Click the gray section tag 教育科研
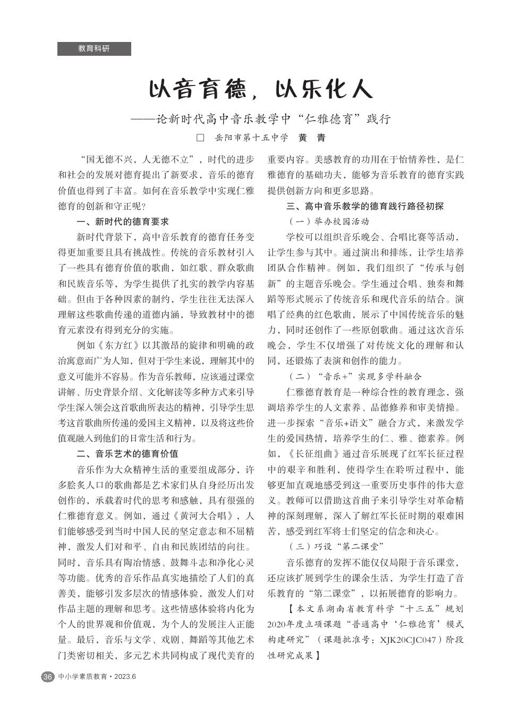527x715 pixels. (94, 49)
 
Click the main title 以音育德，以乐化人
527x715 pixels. (261, 89)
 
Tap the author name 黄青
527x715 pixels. (312, 138)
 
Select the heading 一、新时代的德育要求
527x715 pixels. (123, 222)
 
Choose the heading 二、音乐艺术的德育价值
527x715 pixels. (127, 454)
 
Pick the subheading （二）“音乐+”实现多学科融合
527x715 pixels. (354, 377)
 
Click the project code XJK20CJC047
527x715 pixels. (407, 640)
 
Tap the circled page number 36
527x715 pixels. (48, 677)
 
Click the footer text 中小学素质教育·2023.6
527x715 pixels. (97, 677)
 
